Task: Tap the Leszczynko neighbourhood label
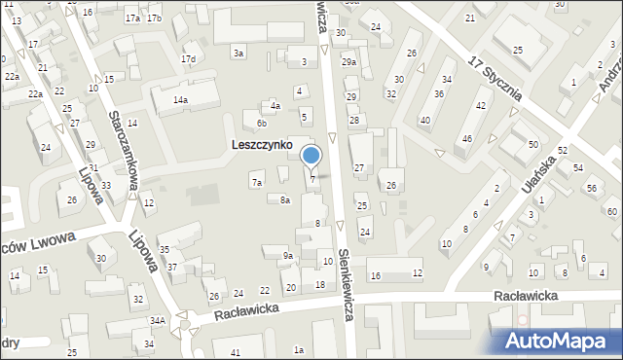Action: coord(262,144)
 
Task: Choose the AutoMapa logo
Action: coord(559,341)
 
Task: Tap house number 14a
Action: coord(180,100)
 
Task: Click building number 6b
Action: coord(261,124)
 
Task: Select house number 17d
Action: coord(188,59)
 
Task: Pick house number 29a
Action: coord(348,62)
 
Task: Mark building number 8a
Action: coord(285,200)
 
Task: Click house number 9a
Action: coord(288,256)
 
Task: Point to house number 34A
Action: coord(157,321)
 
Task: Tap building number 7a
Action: coord(257,182)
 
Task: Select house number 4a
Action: coord(275,105)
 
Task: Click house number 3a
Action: coord(238,53)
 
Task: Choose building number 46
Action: coord(467,139)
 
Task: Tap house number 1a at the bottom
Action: coord(300,350)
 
